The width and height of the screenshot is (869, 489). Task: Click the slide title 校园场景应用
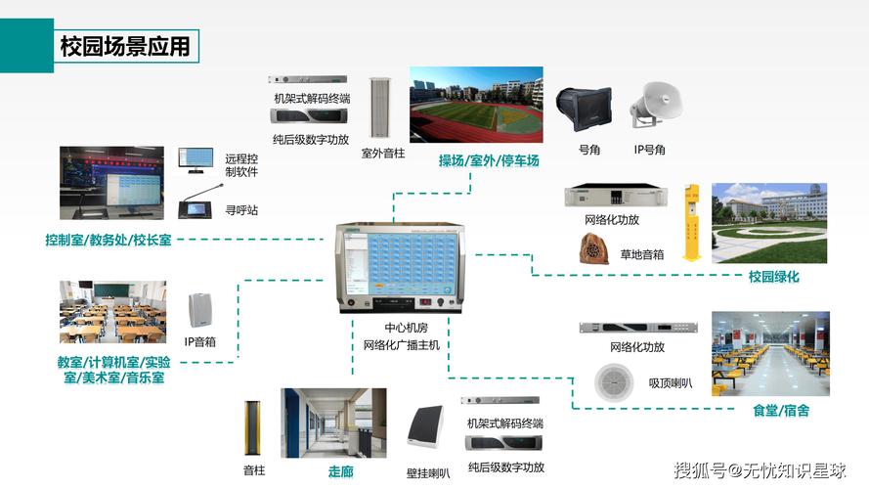(x=125, y=46)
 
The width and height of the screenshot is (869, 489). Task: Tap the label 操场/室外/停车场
(x=488, y=160)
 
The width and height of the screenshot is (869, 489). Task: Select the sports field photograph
(x=476, y=105)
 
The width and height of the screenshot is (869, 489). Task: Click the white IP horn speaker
(x=656, y=106)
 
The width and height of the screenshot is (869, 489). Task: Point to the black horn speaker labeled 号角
(x=585, y=109)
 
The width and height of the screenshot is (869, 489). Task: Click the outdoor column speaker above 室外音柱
(x=380, y=108)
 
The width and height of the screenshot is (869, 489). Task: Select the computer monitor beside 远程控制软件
(x=196, y=160)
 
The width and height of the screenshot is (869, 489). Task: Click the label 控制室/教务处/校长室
(x=109, y=240)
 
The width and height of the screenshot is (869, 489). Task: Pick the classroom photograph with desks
(x=113, y=312)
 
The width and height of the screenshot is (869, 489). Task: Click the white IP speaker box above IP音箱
(x=199, y=310)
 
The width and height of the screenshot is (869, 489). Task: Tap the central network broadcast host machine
(x=400, y=268)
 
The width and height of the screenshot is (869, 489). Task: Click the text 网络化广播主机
(x=401, y=345)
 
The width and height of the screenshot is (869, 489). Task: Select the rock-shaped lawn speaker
(x=594, y=248)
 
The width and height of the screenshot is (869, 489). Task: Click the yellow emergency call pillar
(x=691, y=222)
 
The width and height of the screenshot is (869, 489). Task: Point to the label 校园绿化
(x=773, y=277)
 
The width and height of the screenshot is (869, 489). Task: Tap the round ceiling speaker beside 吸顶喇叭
(x=614, y=382)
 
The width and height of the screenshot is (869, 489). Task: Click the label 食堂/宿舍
(x=781, y=411)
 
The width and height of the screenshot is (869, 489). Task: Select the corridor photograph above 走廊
(x=333, y=423)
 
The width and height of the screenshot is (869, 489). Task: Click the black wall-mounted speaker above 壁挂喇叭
(x=426, y=427)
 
